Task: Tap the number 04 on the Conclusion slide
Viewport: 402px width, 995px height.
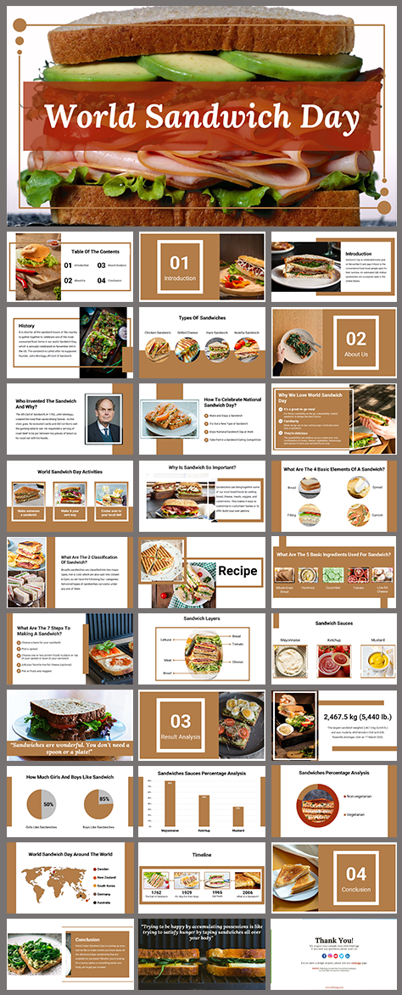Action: click(x=355, y=874)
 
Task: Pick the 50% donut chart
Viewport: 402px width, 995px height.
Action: click(x=48, y=804)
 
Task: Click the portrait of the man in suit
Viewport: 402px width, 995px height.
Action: click(x=103, y=417)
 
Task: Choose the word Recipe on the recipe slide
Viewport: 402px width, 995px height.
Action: click(x=237, y=571)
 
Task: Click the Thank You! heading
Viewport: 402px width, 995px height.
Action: click(x=336, y=940)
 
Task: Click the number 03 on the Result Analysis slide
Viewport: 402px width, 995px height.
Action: click(x=181, y=721)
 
